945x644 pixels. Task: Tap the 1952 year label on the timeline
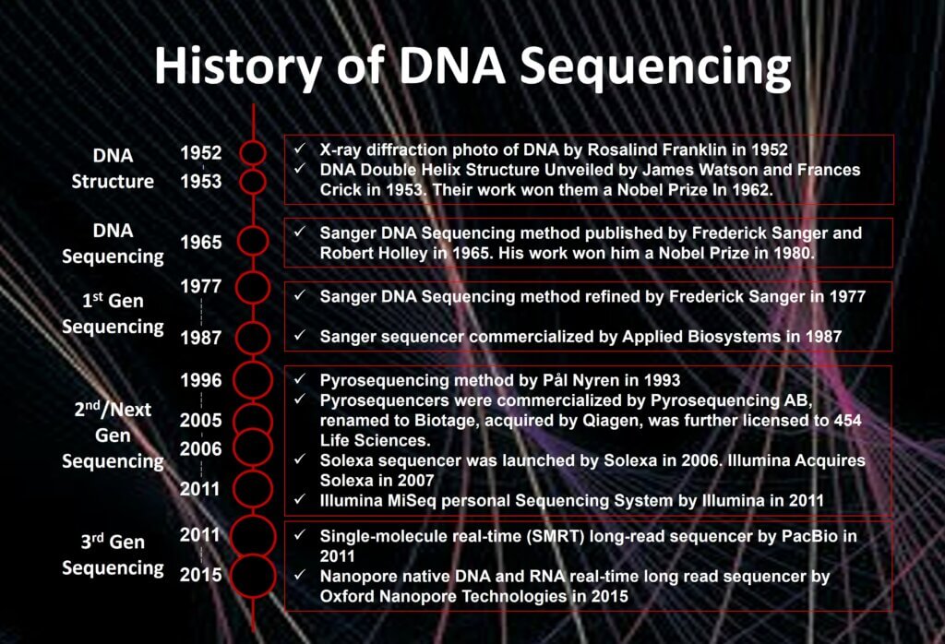click(x=200, y=152)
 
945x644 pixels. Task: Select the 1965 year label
click(x=200, y=242)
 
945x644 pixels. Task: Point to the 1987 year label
click(x=200, y=338)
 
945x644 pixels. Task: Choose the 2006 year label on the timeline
click(x=200, y=448)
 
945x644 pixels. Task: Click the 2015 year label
click(x=200, y=575)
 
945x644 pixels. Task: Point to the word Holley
click(x=401, y=253)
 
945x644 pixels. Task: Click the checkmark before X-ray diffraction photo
click(x=300, y=149)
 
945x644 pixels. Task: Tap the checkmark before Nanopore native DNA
click(x=300, y=575)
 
